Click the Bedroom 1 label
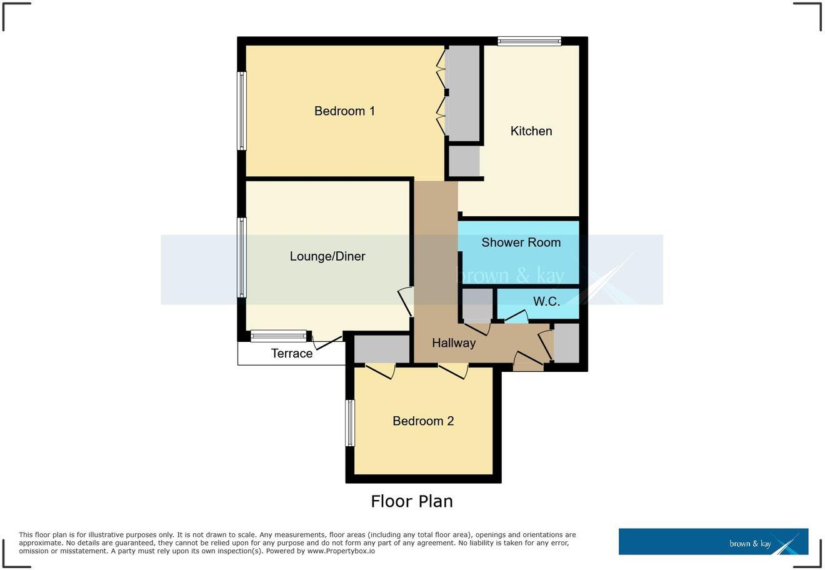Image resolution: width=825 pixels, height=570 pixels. click(344, 111)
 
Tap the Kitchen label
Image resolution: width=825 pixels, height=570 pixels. click(531, 131)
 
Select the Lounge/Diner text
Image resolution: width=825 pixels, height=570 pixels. click(327, 256)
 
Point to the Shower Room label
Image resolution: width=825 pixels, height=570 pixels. click(521, 242)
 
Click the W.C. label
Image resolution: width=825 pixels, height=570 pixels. click(546, 301)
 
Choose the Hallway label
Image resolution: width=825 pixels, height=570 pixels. click(454, 342)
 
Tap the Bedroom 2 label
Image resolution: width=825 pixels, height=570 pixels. click(423, 421)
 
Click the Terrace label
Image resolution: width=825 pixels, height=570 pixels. click(292, 353)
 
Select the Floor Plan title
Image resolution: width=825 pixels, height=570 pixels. click(412, 501)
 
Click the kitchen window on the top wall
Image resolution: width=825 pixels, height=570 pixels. click(529, 41)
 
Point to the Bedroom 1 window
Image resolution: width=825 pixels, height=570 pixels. click(242, 111)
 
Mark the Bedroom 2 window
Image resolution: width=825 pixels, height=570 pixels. click(350, 423)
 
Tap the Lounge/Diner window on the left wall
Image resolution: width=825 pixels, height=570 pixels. click(241, 257)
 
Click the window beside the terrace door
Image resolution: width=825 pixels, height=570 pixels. click(279, 336)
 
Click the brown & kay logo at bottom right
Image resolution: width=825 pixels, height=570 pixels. click(713, 542)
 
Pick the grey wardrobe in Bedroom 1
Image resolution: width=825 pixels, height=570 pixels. click(463, 93)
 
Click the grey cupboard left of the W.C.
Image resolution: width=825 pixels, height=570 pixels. click(477, 304)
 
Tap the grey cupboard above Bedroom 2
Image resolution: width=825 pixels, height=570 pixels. click(382, 349)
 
